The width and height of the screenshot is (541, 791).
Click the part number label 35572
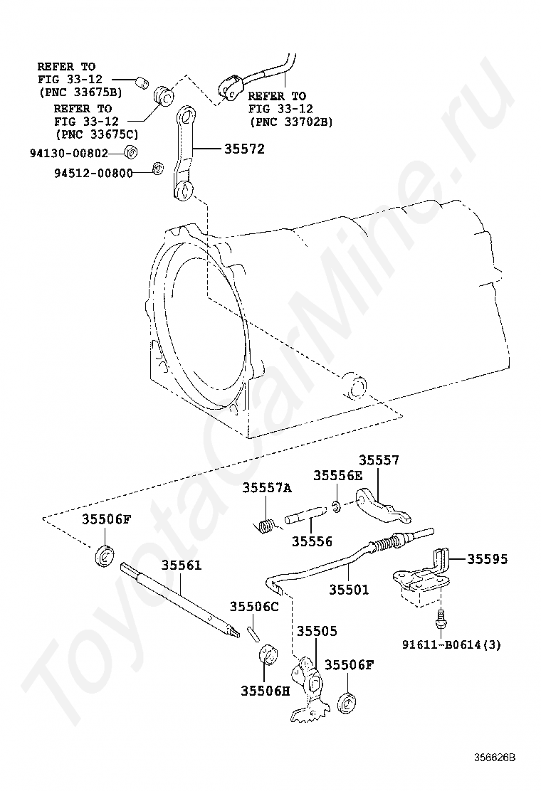pyautogui.click(x=244, y=149)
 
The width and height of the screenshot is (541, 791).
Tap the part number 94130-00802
pyautogui.click(x=69, y=153)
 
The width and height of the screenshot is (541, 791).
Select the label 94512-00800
pyautogui.click(x=93, y=173)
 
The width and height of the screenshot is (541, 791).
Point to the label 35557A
pyautogui.click(x=266, y=488)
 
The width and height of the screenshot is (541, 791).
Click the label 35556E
pyautogui.click(x=337, y=476)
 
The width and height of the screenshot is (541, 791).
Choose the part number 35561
pyautogui.click(x=182, y=566)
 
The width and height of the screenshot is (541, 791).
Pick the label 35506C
pyautogui.click(x=254, y=606)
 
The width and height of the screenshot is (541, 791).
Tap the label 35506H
pyautogui.click(x=265, y=691)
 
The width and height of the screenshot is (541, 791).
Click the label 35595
pyautogui.click(x=487, y=559)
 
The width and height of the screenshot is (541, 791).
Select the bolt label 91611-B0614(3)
pyautogui.click(x=452, y=644)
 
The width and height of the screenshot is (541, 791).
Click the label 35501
pyautogui.click(x=349, y=589)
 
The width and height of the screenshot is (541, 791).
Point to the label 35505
pyautogui.click(x=317, y=631)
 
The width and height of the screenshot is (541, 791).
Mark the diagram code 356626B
pyautogui.click(x=495, y=757)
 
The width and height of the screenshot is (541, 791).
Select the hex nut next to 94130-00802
pyautogui.click(x=131, y=152)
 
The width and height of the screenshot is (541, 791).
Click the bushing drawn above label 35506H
pyautogui.click(x=268, y=655)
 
